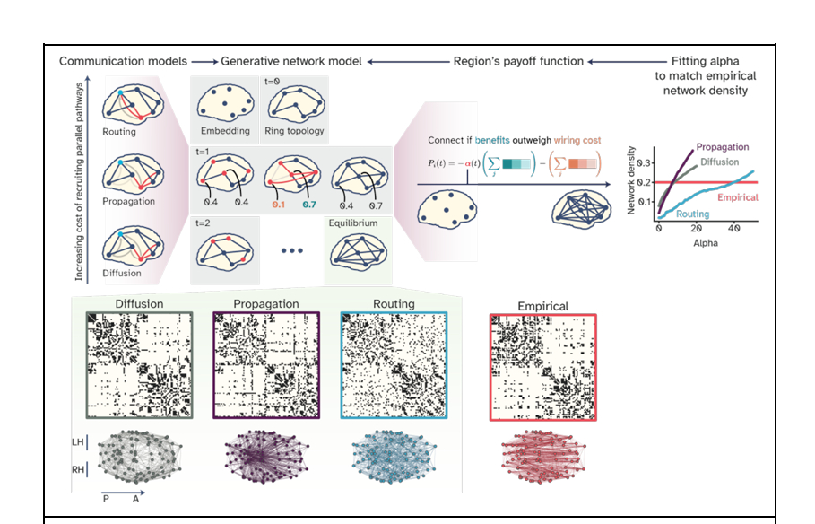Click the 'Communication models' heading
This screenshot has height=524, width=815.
123,61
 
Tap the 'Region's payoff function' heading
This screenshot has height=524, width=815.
518,61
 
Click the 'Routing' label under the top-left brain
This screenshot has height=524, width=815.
119,132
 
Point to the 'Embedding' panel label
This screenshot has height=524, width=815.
224,132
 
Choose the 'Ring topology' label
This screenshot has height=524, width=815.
294,132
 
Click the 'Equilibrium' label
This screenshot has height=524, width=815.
351,222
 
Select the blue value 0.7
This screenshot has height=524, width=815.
308,205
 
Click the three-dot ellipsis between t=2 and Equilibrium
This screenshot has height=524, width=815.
292,250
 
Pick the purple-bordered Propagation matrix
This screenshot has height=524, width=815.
266,365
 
